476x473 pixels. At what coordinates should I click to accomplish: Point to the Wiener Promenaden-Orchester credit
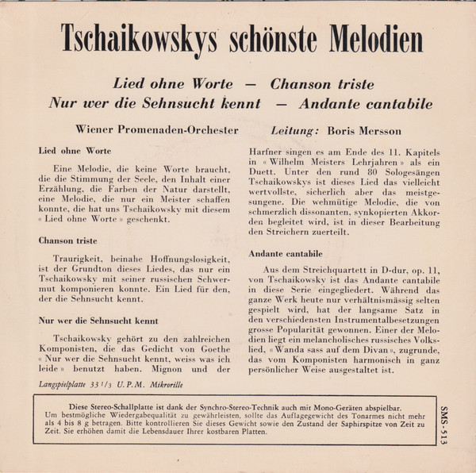156,129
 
